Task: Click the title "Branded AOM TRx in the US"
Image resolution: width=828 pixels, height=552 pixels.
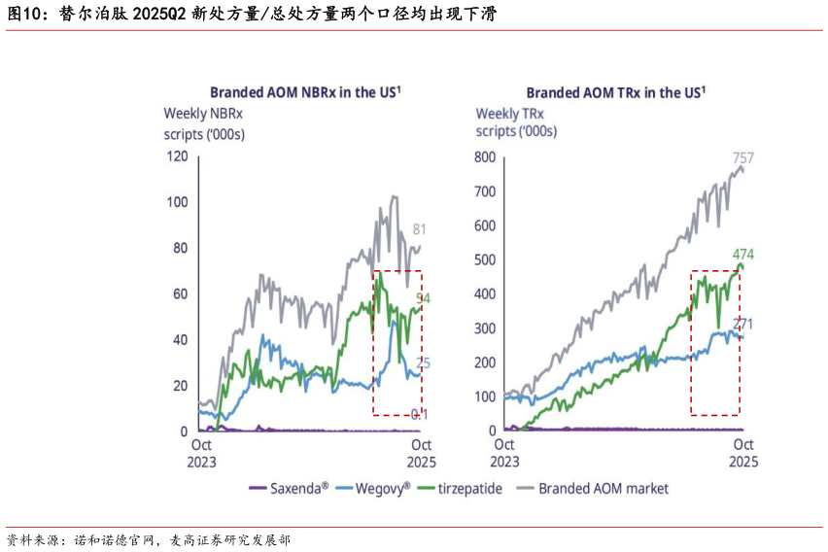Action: click(x=614, y=92)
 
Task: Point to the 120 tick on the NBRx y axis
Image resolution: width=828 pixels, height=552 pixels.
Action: click(x=177, y=156)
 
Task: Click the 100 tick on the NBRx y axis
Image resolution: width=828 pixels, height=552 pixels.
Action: click(x=177, y=202)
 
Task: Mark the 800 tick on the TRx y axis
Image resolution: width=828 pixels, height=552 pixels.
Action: click(x=484, y=157)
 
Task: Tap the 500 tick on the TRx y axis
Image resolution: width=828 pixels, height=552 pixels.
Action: click(x=484, y=259)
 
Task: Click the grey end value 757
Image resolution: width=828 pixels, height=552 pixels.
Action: click(x=743, y=157)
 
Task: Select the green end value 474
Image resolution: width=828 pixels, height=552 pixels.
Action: click(x=743, y=255)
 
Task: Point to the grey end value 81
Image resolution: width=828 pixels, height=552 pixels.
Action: click(x=420, y=230)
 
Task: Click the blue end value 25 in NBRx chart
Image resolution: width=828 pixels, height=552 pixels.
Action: click(x=424, y=363)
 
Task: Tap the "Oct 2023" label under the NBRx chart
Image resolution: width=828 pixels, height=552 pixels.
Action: click(x=201, y=454)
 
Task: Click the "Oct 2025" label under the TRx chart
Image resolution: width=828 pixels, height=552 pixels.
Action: click(x=743, y=454)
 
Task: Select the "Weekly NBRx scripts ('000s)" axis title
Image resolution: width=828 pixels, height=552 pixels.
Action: click(x=204, y=123)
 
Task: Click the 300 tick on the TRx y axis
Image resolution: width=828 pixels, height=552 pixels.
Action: click(x=484, y=328)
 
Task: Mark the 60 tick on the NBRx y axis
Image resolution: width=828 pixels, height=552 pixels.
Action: click(x=180, y=293)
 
